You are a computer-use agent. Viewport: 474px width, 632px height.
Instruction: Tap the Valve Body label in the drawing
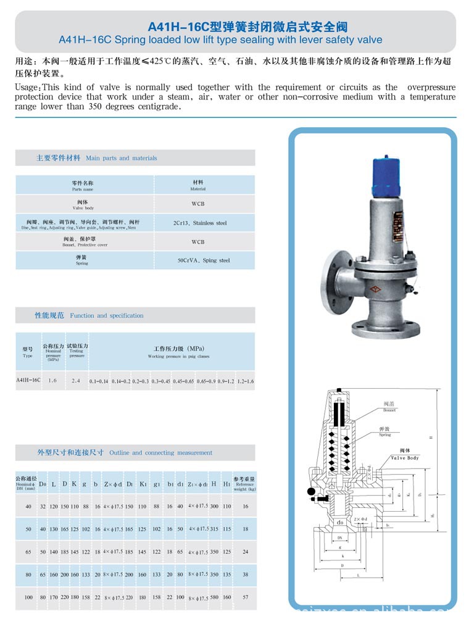point(404,458)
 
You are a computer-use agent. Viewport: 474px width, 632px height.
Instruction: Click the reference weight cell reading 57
point(245,597)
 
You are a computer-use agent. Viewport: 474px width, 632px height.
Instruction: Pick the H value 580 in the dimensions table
point(214,597)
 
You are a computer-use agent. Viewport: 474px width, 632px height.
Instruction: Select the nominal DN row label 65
point(28,551)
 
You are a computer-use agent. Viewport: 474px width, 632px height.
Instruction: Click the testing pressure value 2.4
point(76,381)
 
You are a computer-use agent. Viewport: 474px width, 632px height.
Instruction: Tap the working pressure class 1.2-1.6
point(245,381)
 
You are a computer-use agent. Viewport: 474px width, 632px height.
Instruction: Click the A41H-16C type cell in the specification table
point(28,380)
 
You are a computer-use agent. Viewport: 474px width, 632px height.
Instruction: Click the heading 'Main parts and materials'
point(121,158)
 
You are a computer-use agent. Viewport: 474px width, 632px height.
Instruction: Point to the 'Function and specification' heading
point(106,315)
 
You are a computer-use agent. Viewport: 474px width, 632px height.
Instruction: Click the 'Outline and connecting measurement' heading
point(160,452)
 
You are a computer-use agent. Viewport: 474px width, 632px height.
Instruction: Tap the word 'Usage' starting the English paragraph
point(27,88)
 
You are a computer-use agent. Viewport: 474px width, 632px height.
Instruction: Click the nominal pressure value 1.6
point(52,381)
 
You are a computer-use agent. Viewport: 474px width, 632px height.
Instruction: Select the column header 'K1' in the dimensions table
point(143,484)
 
